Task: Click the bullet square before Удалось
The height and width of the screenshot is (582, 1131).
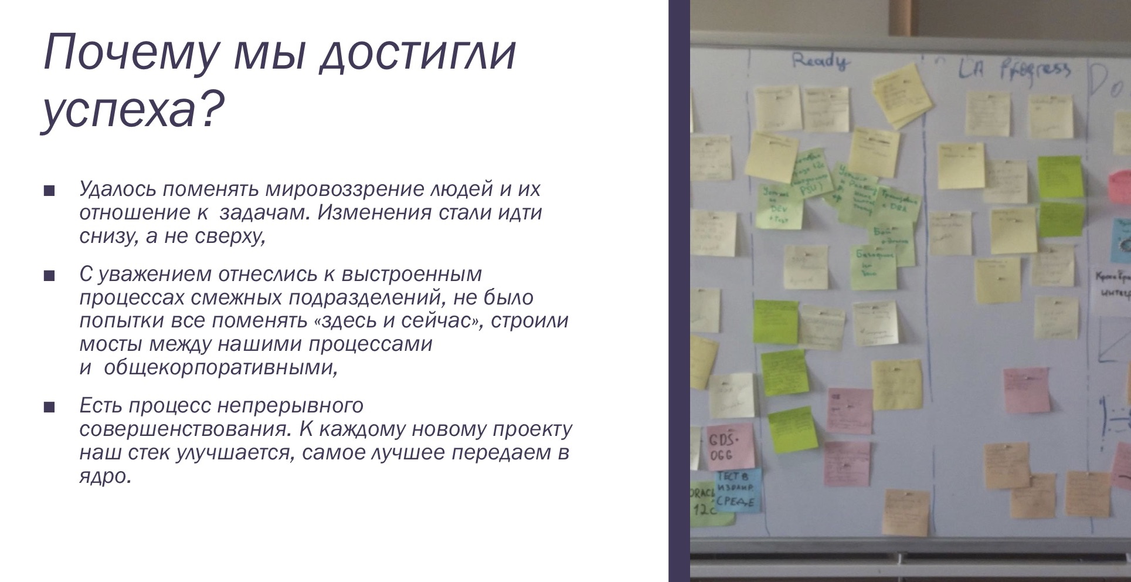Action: point(49,191)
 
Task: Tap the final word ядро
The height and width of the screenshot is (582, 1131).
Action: point(104,476)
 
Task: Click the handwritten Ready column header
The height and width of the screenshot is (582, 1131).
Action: point(819,61)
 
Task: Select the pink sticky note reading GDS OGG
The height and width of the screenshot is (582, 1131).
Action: point(729,446)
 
